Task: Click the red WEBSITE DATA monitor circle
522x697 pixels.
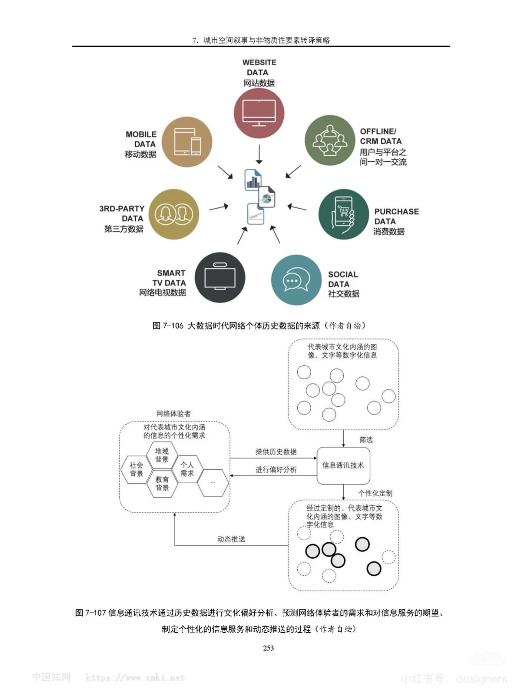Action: click(x=259, y=113)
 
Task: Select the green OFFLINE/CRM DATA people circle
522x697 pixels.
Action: click(x=330, y=140)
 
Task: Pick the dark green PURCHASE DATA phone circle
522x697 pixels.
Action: click(x=343, y=214)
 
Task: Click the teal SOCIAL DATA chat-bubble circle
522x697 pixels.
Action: click(x=296, y=280)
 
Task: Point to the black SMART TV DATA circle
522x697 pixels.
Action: click(x=220, y=278)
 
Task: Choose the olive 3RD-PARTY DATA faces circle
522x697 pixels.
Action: click(x=174, y=214)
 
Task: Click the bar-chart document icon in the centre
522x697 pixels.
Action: click(x=253, y=180)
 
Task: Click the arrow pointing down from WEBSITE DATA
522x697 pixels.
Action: click(x=259, y=155)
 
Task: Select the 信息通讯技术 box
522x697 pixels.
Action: click(x=343, y=465)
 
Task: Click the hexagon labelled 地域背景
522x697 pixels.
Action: click(x=162, y=455)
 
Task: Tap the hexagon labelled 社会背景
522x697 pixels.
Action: click(x=136, y=469)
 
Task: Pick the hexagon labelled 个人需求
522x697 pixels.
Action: click(x=187, y=469)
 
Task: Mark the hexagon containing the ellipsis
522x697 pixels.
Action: click(x=213, y=482)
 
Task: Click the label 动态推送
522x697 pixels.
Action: click(x=231, y=539)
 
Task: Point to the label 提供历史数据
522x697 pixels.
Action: click(x=276, y=452)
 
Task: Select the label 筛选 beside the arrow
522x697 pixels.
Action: click(x=366, y=440)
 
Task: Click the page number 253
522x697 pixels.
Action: click(x=268, y=648)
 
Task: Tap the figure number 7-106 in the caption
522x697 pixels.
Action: click(x=173, y=326)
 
